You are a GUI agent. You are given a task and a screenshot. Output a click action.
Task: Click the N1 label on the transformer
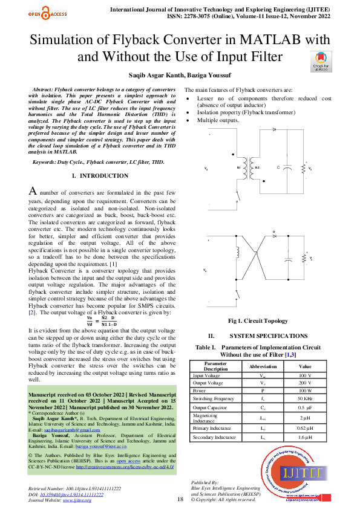(x=238, y=167)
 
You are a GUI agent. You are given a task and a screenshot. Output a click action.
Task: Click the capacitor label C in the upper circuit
(x=278, y=167)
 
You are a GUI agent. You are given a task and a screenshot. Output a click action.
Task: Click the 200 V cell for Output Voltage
(x=305, y=383)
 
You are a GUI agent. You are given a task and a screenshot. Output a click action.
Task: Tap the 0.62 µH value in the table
(x=305, y=428)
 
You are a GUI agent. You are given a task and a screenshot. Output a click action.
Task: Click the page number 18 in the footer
(x=180, y=499)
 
